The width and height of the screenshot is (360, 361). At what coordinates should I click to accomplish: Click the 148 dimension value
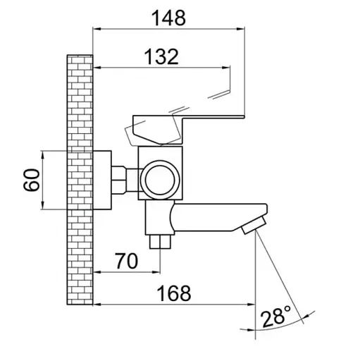point(168,18)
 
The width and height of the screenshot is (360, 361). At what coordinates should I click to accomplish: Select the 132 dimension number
point(161,57)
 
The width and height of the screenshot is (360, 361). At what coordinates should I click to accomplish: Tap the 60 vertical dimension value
point(32,180)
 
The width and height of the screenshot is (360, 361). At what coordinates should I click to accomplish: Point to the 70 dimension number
point(127,261)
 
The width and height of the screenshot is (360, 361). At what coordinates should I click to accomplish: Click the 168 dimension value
point(174,293)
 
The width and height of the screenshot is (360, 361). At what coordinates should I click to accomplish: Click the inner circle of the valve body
point(160,180)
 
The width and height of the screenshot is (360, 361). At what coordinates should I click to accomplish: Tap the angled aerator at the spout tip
point(254,225)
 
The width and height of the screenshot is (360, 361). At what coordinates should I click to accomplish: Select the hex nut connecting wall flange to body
point(119,180)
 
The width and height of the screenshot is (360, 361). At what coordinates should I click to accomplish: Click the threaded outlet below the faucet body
point(161,241)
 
